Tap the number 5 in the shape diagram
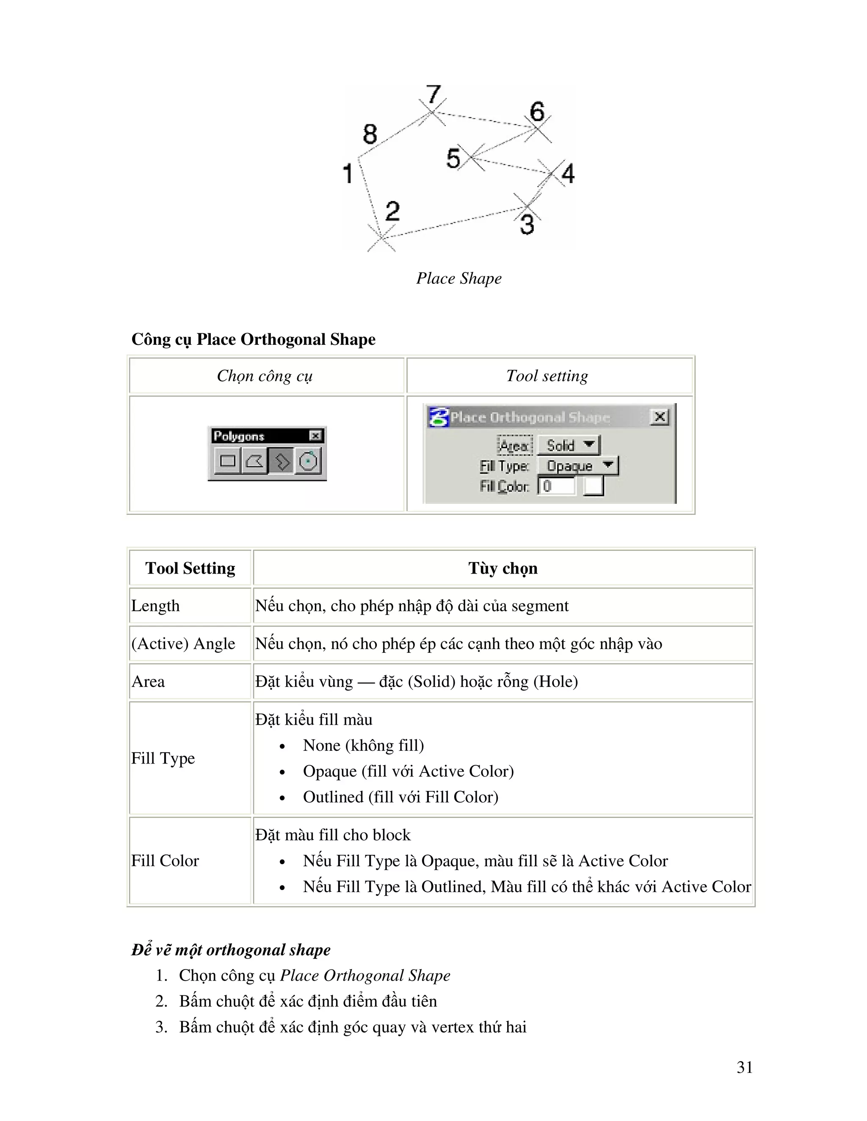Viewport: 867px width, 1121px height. pos(453,158)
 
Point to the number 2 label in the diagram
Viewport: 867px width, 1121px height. pos(392,211)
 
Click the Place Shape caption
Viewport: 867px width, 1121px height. pos(458,278)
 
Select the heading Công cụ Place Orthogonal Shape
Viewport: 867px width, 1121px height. pos(253,339)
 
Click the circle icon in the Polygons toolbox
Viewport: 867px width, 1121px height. pos(308,461)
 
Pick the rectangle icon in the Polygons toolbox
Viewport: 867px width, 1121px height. pos(227,461)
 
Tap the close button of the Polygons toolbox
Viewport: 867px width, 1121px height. pos(315,436)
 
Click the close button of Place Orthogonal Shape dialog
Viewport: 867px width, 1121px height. pos(660,417)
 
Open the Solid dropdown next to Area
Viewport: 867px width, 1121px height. pos(569,445)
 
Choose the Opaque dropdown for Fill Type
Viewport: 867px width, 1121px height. pos(578,466)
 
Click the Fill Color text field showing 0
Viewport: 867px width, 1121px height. pos(557,486)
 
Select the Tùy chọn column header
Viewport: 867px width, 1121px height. pos(503,568)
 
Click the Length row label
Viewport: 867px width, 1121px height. pos(156,606)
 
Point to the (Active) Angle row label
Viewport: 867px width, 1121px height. pos(183,644)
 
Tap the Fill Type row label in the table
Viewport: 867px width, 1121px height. pos(163,758)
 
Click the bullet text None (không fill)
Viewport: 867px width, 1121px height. pos(363,745)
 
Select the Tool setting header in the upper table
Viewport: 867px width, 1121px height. pos(547,376)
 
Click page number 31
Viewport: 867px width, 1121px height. pos(745,1067)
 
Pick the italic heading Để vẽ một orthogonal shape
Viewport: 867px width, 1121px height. pos(231,950)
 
